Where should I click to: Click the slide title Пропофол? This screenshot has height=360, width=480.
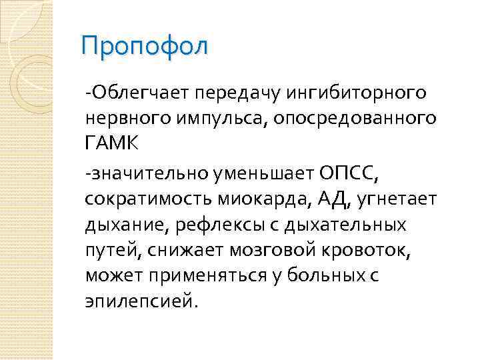144,47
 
